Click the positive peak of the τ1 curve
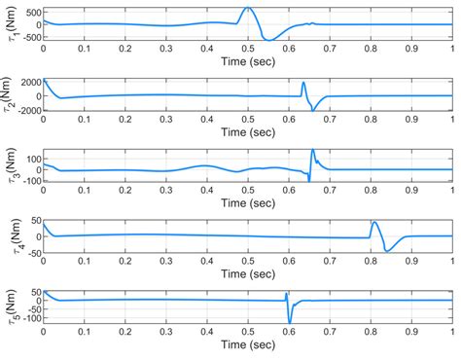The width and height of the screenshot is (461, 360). coord(248,8)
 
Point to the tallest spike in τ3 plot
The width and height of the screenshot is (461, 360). coord(313,150)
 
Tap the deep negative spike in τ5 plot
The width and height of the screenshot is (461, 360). coord(290,322)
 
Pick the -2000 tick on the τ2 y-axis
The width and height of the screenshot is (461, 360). coord(26,111)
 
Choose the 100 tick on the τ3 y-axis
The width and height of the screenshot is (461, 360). coord(31,158)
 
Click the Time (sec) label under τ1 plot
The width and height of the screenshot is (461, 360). coord(248,59)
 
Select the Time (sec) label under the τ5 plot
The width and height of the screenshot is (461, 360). coord(248,347)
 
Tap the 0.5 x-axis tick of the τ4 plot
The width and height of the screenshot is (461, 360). coord(248,263)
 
